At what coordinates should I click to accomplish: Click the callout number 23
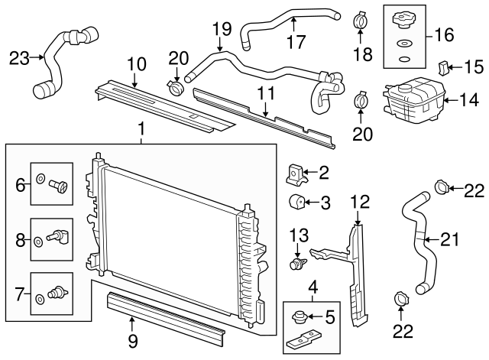pos(19,57)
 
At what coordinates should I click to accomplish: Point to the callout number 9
pos(132,340)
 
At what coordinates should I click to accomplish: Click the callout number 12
pos(360,202)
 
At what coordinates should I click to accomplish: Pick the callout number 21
pos(452,240)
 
